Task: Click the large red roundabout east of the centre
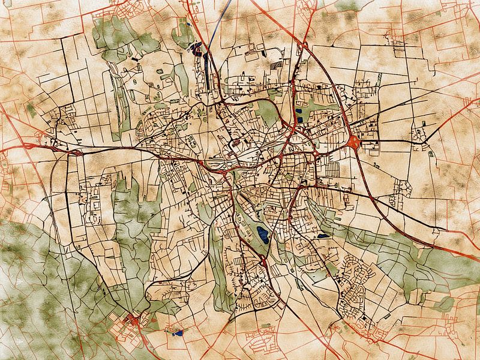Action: coord(352,142)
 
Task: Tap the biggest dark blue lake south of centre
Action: coord(262,233)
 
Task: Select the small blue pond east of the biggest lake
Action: coord(323,236)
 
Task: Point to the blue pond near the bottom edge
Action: coord(178,331)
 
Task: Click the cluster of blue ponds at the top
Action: coord(196,49)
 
